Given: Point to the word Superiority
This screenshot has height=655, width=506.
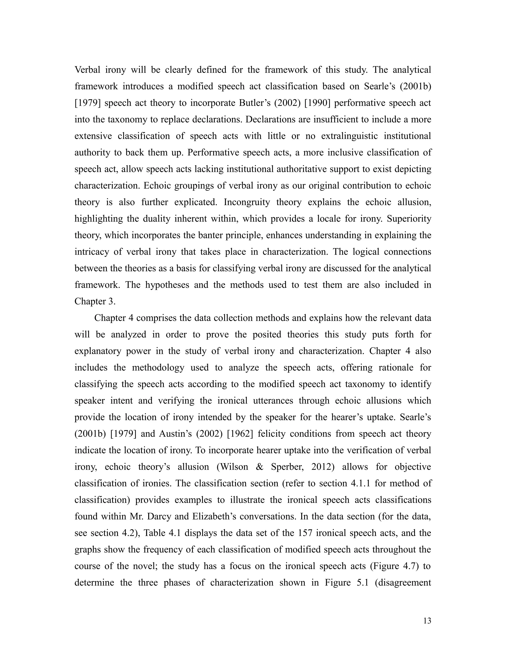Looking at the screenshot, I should (x=409, y=219).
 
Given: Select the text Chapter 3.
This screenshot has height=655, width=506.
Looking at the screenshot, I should (x=95, y=301).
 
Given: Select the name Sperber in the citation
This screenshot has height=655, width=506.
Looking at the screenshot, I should (x=288, y=467).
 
